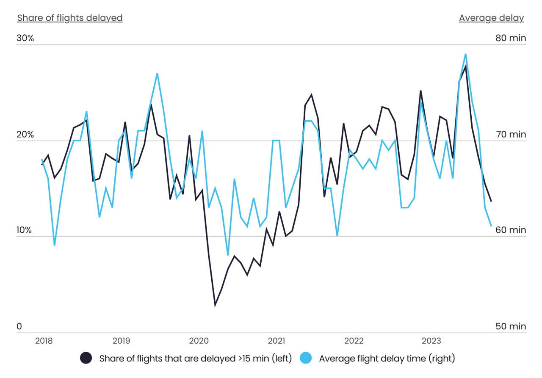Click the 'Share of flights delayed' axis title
pyautogui.click(x=70, y=18)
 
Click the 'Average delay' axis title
pyautogui.click(x=491, y=18)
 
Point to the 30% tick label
pyautogui.click(x=25, y=38)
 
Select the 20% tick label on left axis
pyautogui.click(x=25, y=135)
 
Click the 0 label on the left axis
pyautogui.click(x=19, y=326)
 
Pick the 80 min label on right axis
pyautogui.click(x=511, y=38)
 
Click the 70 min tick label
pyautogui.click(x=511, y=135)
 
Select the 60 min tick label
pyautogui.click(x=511, y=230)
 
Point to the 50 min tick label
pyautogui.click(x=511, y=326)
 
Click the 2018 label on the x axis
pyautogui.click(x=44, y=341)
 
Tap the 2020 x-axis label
pyautogui.click(x=199, y=341)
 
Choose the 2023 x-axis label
pyautogui.click(x=431, y=341)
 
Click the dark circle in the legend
pyautogui.click(x=86, y=358)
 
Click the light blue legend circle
pyautogui.click(x=306, y=358)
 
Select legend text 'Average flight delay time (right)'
pyautogui.click(x=387, y=359)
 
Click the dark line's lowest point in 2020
pyautogui.click(x=215, y=304)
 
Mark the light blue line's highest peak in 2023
pyautogui.click(x=465, y=54)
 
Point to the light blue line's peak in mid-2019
pyautogui.click(x=157, y=74)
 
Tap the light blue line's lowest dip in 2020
pyautogui.click(x=228, y=255)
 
